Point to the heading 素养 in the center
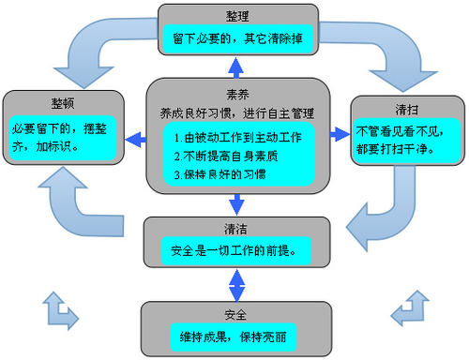[236, 94]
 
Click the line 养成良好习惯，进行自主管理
[237, 112]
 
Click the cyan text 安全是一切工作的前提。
[237, 248]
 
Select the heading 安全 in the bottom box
[236, 314]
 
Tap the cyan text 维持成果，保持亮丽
[237, 335]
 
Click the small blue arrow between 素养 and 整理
[237, 67]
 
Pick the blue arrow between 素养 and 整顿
[137, 139]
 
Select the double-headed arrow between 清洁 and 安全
[237, 284]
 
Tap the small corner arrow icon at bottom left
[57, 308]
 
